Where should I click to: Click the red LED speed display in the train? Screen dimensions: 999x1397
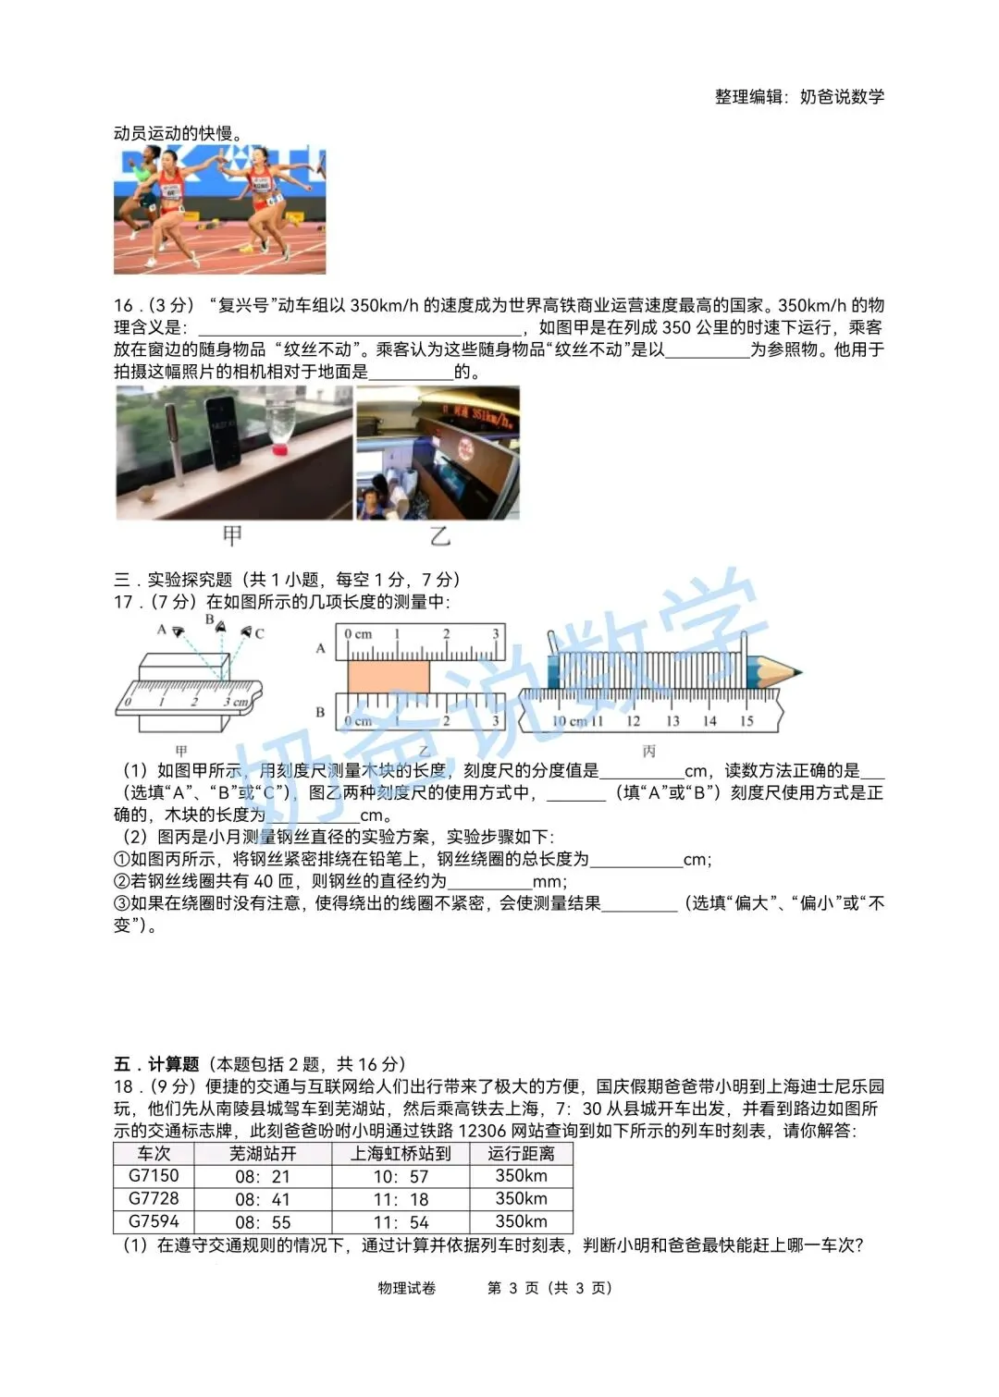(x=479, y=415)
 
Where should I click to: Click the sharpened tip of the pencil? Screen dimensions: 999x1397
(x=800, y=671)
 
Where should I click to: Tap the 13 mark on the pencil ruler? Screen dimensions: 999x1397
(x=672, y=721)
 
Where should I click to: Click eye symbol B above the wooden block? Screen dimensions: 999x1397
(x=219, y=627)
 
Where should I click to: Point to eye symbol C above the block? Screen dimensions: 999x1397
(x=247, y=633)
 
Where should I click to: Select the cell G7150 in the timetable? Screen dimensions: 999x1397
(x=154, y=1176)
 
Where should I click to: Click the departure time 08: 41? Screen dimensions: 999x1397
(x=262, y=1198)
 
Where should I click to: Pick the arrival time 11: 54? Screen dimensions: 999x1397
(x=401, y=1221)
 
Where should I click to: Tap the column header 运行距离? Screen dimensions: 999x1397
(x=521, y=1153)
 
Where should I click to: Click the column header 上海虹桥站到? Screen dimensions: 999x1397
(x=400, y=1153)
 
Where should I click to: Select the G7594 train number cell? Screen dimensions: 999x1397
(x=154, y=1221)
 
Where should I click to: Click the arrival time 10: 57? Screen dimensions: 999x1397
(x=401, y=1176)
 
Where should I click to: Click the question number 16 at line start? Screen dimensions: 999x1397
(x=123, y=306)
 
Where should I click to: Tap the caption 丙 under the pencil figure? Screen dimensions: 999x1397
(x=649, y=751)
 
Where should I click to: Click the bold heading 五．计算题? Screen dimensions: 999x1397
(x=156, y=1063)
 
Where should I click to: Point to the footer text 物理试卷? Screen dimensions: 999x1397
(x=406, y=1288)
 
